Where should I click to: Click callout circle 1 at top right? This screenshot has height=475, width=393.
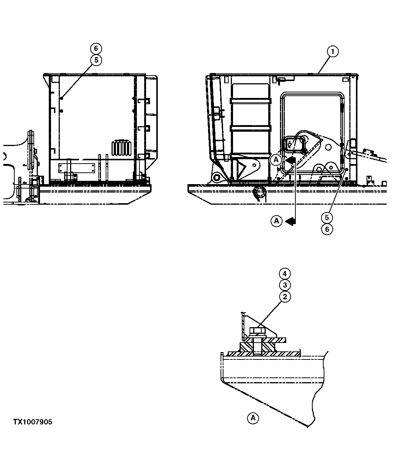(x=332, y=52)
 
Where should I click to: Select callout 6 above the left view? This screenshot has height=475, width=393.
(x=96, y=48)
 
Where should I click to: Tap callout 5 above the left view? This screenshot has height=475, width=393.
(x=96, y=60)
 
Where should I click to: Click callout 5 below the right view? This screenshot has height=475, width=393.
(x=327, y=218)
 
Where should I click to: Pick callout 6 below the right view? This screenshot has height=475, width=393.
(x=327, y=229)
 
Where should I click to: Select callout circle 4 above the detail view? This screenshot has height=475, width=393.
(x=285, y=274)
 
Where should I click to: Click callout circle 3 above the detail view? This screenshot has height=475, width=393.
(x=285, y=285)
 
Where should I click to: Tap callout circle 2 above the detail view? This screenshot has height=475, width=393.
(x=285, y=296)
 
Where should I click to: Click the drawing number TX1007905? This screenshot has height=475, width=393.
(x=33, y=422)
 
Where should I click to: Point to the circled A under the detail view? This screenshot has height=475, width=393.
(x=253, y=418)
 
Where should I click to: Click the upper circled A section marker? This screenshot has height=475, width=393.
(x=276, y=160)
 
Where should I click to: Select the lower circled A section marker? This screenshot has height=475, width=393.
(x=276, y=221)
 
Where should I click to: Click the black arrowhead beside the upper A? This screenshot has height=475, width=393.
(x=290, y=160)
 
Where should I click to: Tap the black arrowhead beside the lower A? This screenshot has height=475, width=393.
(x=290, y=221)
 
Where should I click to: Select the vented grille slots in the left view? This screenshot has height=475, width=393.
(x=121, y=148)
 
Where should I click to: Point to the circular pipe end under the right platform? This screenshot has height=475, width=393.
(x=260, y=191)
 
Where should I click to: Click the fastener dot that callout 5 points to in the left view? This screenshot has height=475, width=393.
(x=61, y=98)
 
